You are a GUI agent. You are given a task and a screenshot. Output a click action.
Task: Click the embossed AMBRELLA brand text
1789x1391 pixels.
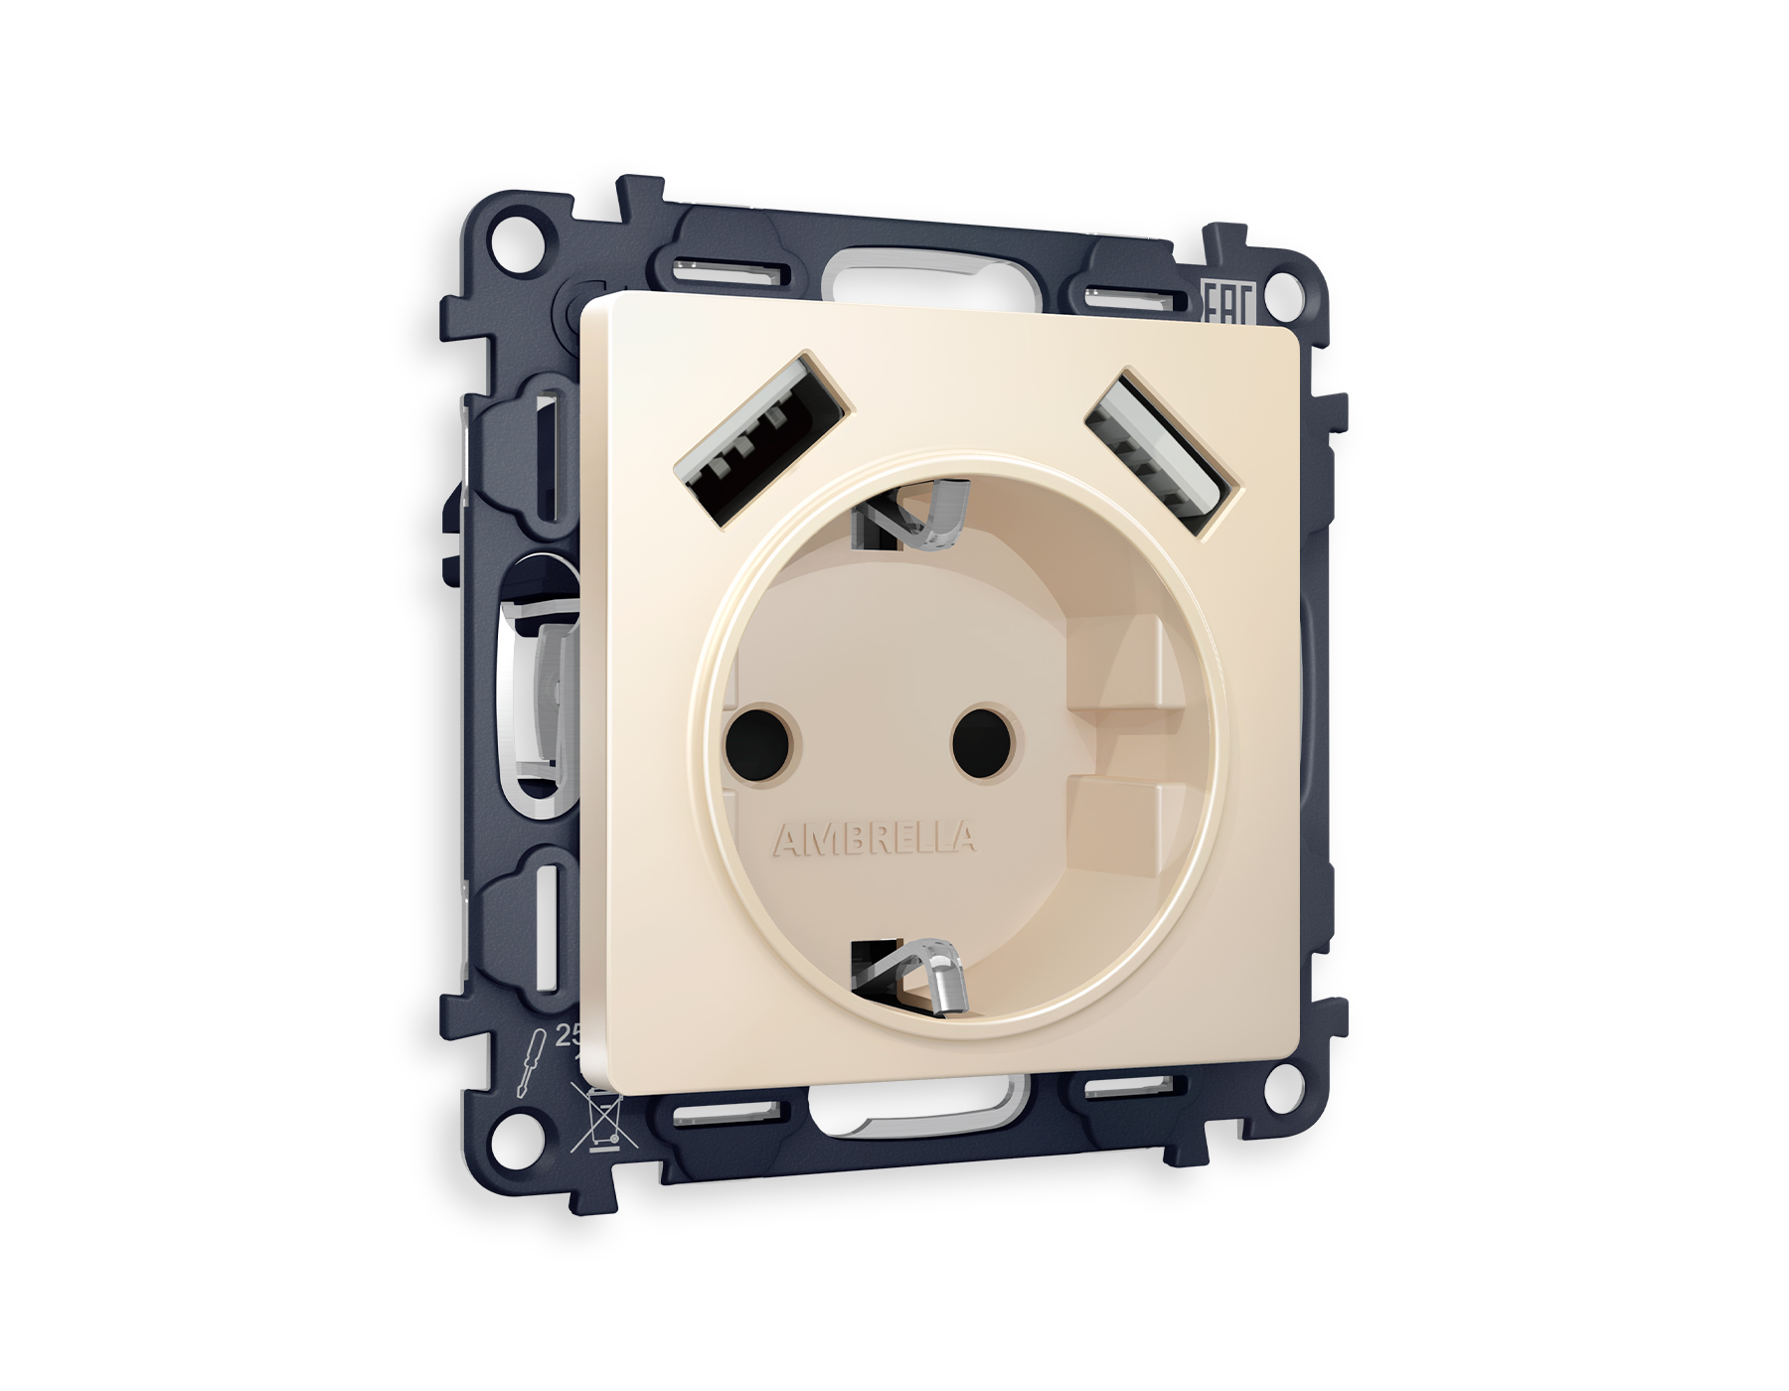click(874, 841)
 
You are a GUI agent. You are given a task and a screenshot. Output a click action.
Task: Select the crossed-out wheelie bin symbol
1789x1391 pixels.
click(596, 1118)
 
